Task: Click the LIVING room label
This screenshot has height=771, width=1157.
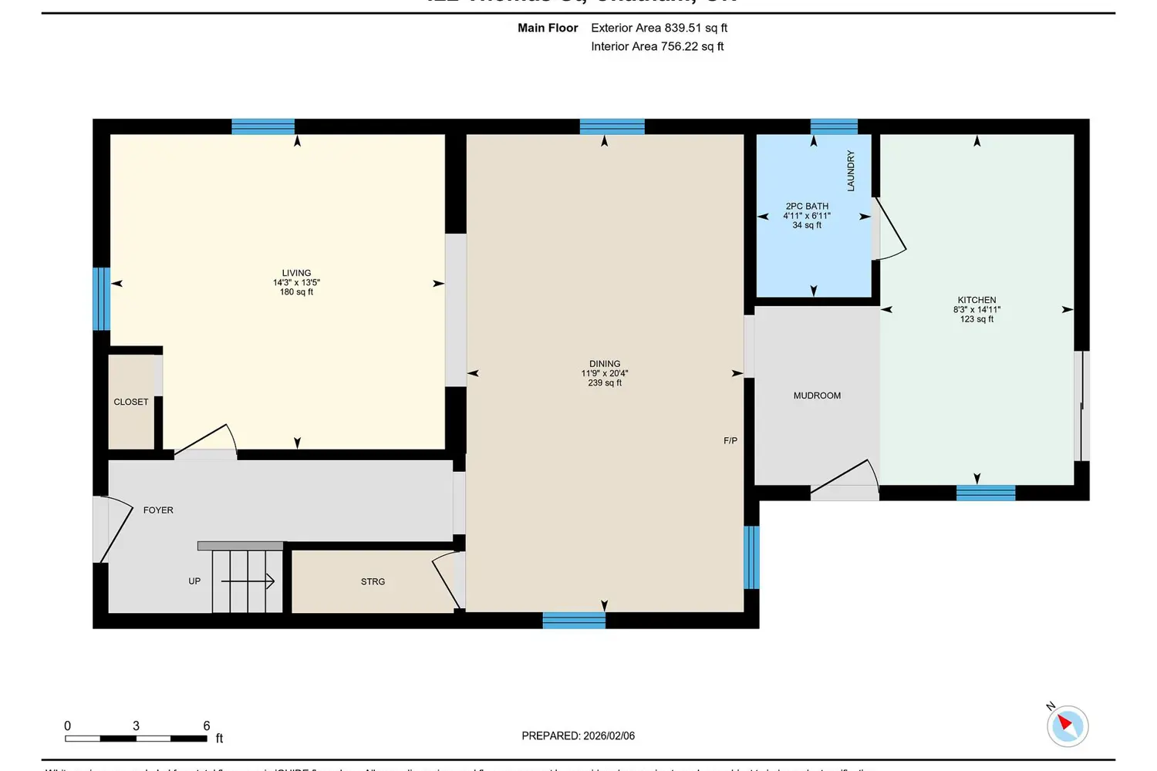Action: click(x=296, y=273)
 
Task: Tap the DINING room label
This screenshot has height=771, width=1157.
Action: click(x=605, y=364)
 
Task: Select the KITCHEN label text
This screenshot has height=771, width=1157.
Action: click(x=977, y=300)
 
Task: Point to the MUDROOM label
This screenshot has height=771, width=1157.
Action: click(x=817, y=396)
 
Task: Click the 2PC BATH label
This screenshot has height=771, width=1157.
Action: click(x=807, y=207)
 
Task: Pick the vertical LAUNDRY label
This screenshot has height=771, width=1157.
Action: click(x=851, y=170)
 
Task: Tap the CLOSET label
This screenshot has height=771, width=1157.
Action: click(x=131, y=402)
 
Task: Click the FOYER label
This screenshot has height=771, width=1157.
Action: click(x=158, y=510)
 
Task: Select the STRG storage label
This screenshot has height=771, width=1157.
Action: click(x=373, y=582)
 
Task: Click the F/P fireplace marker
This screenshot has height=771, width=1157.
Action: click(x=730, y=441)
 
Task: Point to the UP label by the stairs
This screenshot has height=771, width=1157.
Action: click(x=194, y=581)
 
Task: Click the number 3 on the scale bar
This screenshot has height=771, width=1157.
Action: click(x=137, y=726)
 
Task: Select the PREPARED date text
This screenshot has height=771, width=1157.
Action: click(x=578, y=736)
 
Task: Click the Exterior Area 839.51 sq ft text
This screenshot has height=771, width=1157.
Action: click(x=659, y=28)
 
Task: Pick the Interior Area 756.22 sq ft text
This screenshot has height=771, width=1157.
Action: click(x=657, y=46)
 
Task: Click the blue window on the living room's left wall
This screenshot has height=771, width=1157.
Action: click(x=101, y=298)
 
